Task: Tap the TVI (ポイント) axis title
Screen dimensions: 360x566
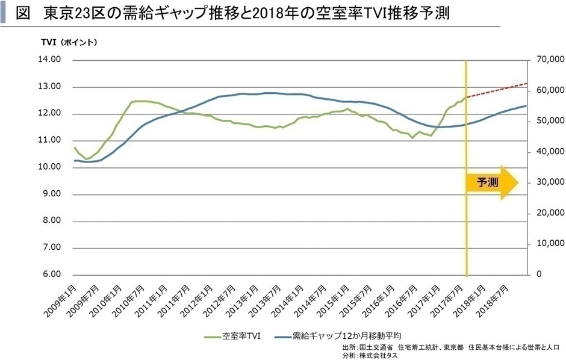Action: point(69,42)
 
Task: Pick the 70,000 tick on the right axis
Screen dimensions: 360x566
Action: point(548,60)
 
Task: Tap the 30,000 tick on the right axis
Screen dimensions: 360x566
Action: point(548,182)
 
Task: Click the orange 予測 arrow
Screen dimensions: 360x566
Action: point(491,181)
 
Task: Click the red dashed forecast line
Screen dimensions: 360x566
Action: point(497,90)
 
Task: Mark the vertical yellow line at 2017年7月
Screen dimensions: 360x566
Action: point(466,229)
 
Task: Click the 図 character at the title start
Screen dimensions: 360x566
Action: point(24,14)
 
